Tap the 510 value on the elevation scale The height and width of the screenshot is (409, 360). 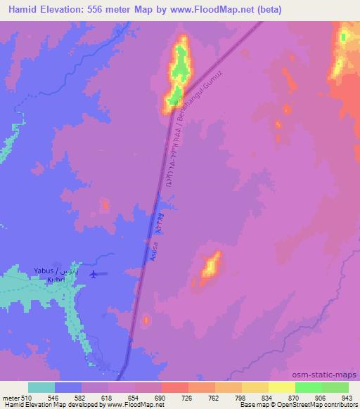click(27, 397)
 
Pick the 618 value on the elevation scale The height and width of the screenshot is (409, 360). click(107, 397)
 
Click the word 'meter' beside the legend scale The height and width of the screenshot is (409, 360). click(11, 397)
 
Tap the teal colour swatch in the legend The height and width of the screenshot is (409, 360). click(41, 387)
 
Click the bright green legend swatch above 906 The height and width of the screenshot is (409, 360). click(309, 387)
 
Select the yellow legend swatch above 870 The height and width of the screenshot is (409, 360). click(282, 387)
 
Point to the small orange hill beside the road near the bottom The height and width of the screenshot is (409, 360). click(145, 321)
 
